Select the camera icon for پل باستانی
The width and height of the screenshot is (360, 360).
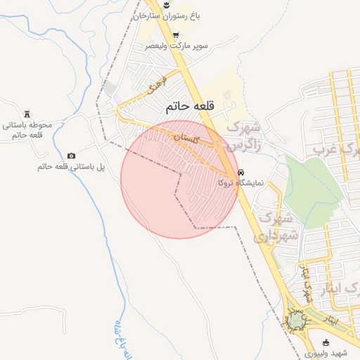click(71, 155)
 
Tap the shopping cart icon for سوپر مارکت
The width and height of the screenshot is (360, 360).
click(175, 34)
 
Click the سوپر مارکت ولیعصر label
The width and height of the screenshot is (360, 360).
click(176, 45)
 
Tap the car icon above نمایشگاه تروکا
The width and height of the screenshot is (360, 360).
click(240, 172)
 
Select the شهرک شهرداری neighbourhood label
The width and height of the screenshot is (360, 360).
click(276, 226)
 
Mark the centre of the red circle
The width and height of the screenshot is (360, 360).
click(179, 179)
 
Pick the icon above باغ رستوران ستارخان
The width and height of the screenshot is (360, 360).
click(166, 4)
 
